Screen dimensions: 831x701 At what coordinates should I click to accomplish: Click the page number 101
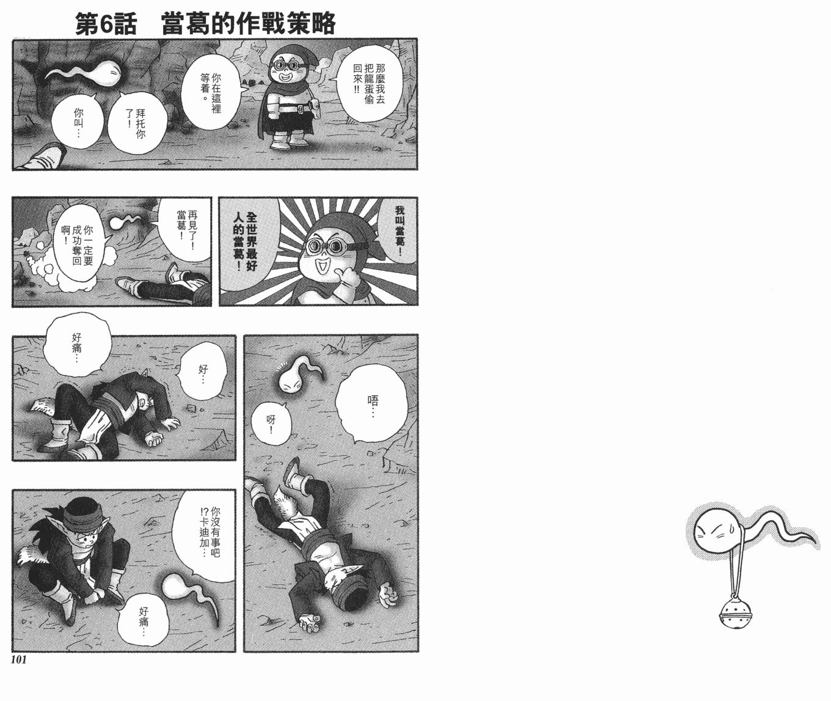[19, 659]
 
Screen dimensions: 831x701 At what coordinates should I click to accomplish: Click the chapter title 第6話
[106, 23]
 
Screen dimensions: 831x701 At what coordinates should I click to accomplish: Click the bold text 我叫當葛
[399, 229]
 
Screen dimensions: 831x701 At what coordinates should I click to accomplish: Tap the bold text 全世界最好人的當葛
[246, 241]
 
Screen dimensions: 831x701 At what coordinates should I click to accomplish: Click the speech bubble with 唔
[372, 403]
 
